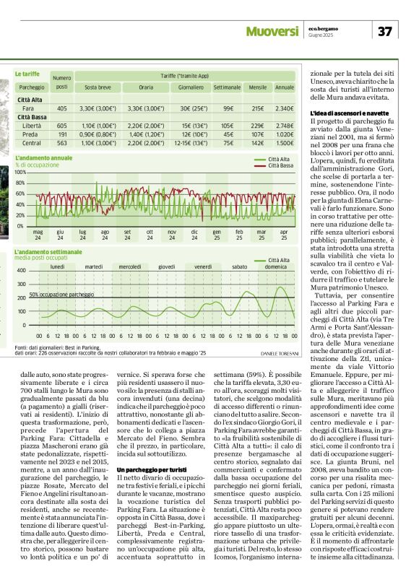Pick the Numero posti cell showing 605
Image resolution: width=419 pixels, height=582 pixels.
coord(62,126)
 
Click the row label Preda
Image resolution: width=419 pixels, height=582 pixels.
coord(30,134)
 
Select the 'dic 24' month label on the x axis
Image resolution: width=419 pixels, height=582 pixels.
coord(194,234)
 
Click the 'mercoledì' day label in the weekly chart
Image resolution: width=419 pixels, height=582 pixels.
coord(130,266)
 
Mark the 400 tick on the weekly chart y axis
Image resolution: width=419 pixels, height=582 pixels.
coord(22,271)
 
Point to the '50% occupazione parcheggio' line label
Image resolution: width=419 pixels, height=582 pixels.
coord(61,295)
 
